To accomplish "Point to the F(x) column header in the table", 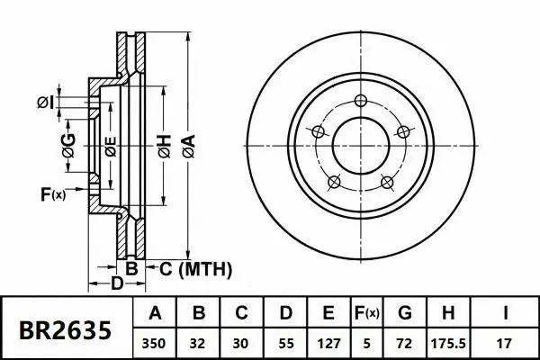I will click(368, 314).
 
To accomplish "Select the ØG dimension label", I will click(68, 140).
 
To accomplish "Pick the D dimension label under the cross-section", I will click(116, 285).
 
